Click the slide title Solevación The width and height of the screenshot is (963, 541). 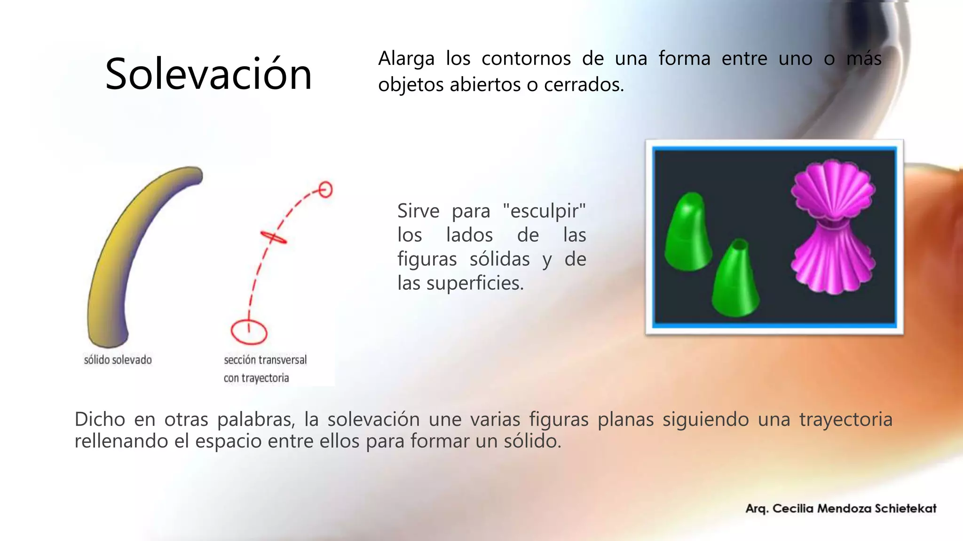(x=208, y=74)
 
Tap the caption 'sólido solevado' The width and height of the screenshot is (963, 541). (x=118, y=360)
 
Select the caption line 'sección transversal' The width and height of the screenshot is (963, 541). (x=265, y=360)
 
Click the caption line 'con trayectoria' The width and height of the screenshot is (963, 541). (x=256, y=378)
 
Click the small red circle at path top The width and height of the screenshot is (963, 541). (x=325, y=190)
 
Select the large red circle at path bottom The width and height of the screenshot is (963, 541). (x=249, y=332)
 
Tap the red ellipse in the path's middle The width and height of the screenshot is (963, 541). (x=274, y=237)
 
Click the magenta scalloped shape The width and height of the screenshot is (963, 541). (x=832, y=228)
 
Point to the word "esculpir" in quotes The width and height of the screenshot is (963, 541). (x=544, y=211)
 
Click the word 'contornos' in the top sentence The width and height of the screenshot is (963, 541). (x=526, y=59)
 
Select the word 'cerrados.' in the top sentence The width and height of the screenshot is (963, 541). (x=584, y=85)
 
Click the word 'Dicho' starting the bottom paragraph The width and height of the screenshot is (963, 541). (x=99, y=419)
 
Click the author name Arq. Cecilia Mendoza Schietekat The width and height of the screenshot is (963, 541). (x=841, y=509)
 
